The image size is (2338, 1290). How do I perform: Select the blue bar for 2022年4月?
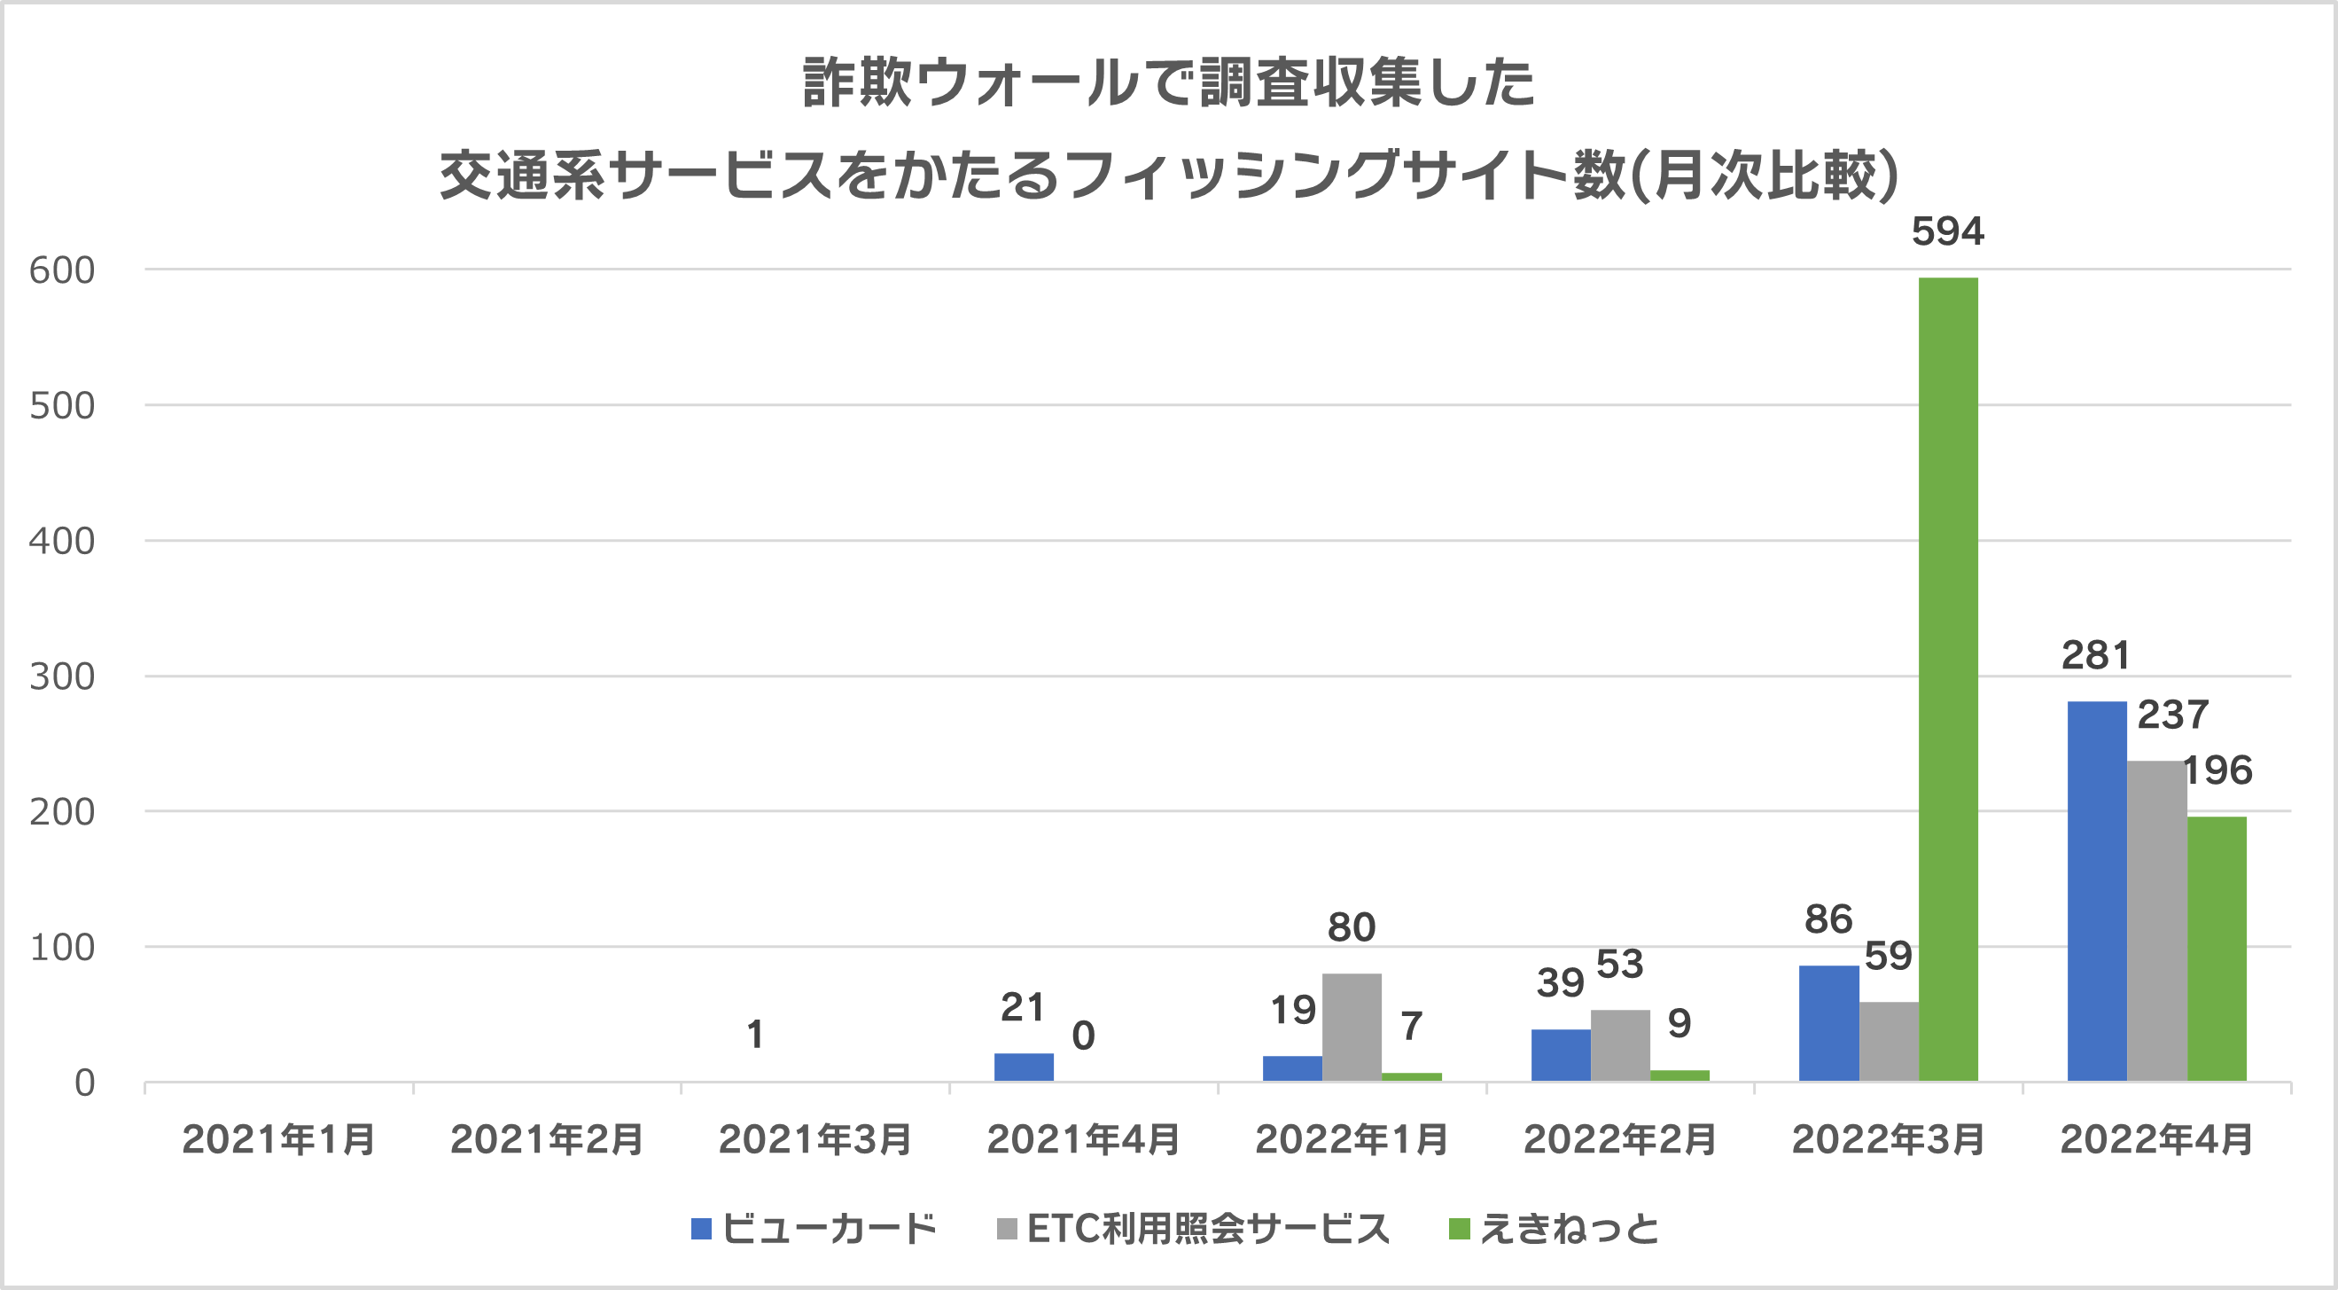(x=2097, y=890)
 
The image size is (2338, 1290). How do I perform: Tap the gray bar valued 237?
(x=2156, y=920)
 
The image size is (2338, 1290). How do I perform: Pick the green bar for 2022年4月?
(x=2217, y=949)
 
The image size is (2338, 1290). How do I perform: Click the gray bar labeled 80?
(x=1352, y=1027)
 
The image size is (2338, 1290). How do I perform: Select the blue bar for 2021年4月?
(x=1024, y=1067)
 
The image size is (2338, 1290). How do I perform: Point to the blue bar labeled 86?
(x=1828, y=1023)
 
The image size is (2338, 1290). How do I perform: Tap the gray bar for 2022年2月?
(x=1620, y=1045)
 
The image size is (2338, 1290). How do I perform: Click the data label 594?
(x=1948, y=231)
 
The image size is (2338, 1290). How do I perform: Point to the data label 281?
(x=2096, y=655)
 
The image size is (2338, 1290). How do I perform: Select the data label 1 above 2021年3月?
(x=755, y=1035)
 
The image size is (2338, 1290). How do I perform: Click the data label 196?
(x=2217, y=770)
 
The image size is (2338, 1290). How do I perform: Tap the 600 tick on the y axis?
(x=62, y=270)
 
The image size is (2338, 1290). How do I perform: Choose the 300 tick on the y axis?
(x=62, y=677)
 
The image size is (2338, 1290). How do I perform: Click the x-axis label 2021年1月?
(x=278, y=1139)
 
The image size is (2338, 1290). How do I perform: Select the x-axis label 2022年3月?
(x=1888, y=1139)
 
